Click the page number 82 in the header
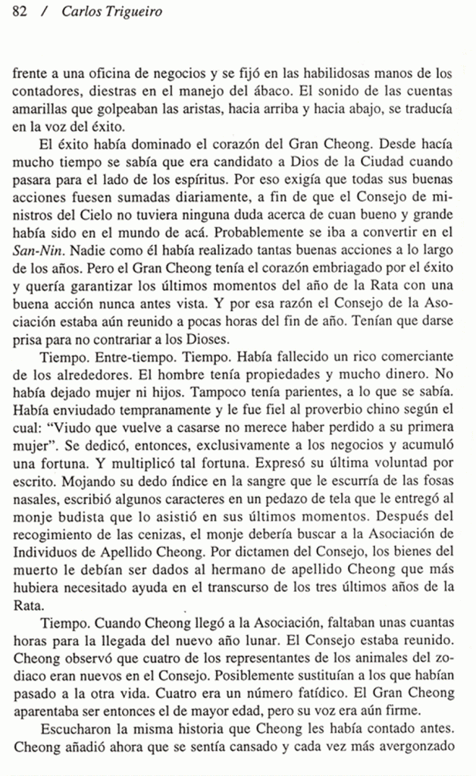20,11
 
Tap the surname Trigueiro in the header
130,11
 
